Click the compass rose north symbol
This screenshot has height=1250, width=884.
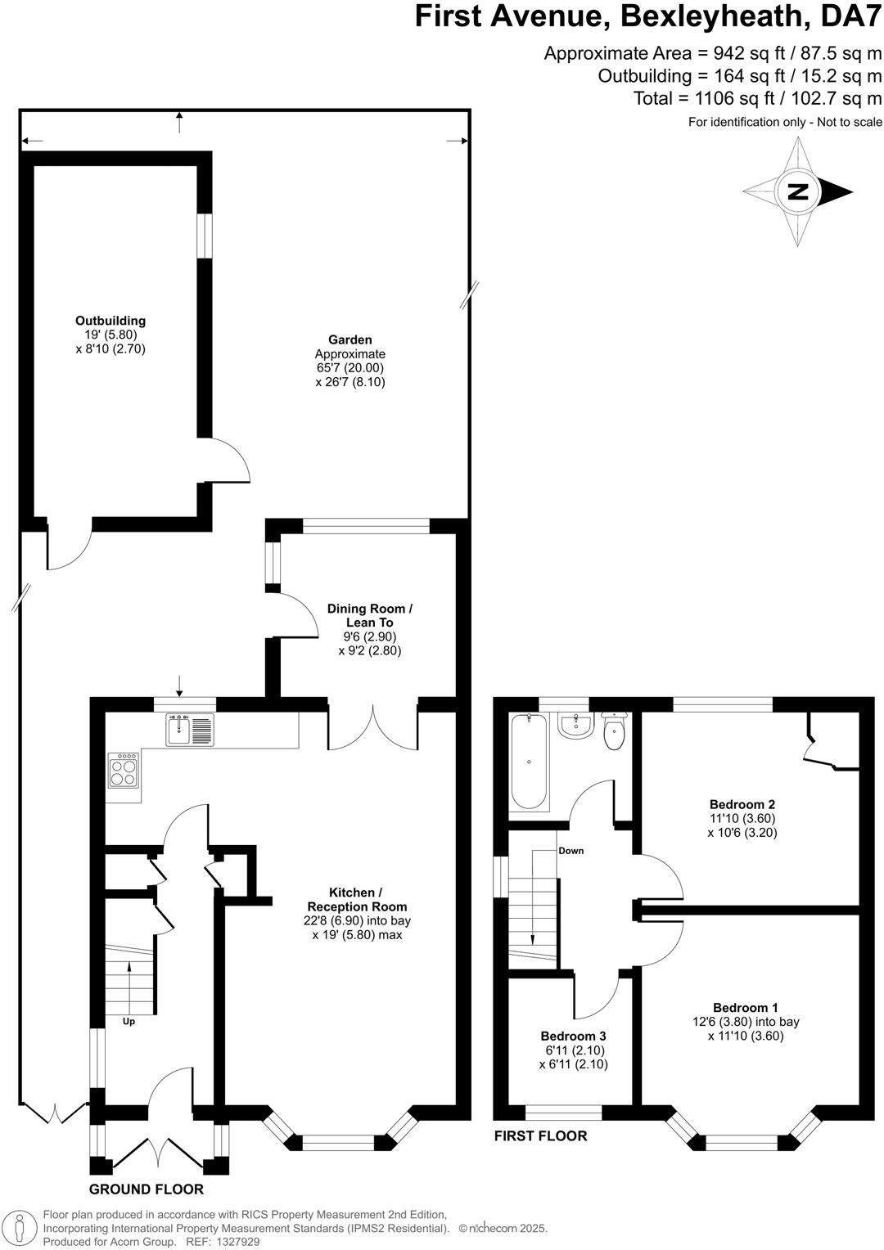click(x=798, y=192)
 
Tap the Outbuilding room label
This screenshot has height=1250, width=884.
click(x=110, y=321)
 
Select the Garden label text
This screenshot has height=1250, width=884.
click(x=350, y=339)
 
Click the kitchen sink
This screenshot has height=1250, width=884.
click(x=190, y=729)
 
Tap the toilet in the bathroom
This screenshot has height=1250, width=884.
click(x=614, y=731)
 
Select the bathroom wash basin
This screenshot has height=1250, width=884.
click(x=577, y=725)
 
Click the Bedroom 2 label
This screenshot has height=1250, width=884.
click(x=742, y=804)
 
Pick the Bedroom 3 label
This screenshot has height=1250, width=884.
click(x=573, y=1036)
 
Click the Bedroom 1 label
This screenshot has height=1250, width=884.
click(x=745, y=1008)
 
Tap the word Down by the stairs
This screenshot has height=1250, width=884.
click(x=571, y=851)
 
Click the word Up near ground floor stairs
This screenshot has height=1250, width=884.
click(x=129, y=1021)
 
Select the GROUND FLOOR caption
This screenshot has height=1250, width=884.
click(x=147, y=1189)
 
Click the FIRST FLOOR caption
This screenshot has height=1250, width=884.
click(x=540, y=1135)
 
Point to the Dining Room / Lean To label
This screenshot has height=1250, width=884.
click(x=370, y=615)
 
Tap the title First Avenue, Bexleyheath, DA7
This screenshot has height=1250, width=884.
click(x=648, y=16)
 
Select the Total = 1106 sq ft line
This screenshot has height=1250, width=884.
click(x=757, y=99)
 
